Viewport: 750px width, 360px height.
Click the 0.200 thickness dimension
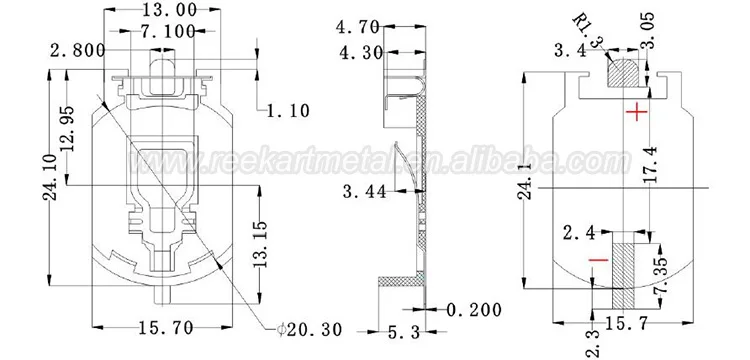pos(474,310)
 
